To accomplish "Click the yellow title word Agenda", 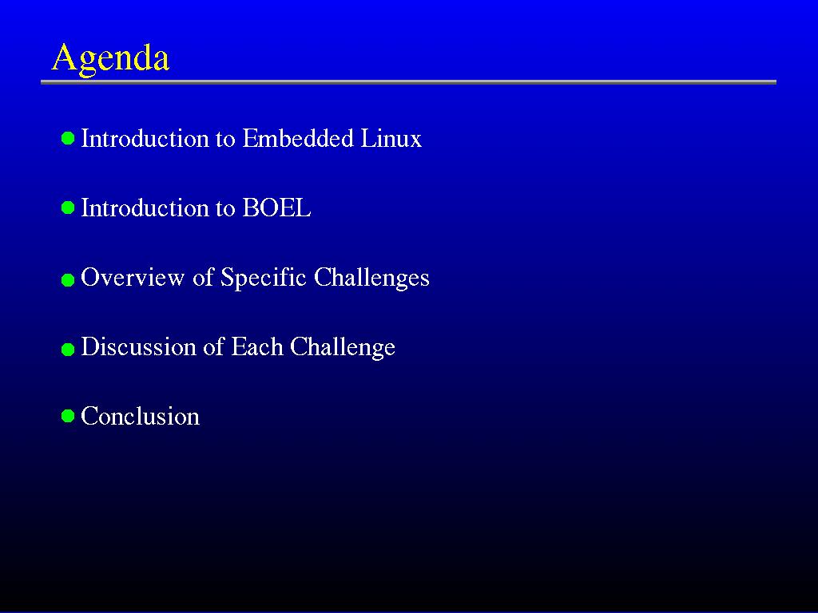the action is (110, 58).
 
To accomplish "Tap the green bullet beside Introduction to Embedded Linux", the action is (68, 138).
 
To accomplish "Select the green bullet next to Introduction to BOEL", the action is (68, 208).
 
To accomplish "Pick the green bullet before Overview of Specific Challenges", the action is (68, 280).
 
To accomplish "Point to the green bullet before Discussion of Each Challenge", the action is (68, 350).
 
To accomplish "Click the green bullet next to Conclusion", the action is (68, 416).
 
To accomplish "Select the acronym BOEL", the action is (276, 208).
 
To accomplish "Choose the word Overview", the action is (133, 277).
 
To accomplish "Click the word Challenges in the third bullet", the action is (371, 278).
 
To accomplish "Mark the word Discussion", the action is (138, 346).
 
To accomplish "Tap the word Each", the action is (256, 346).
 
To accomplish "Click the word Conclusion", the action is (141, 416).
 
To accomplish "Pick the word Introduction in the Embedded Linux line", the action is (144, 138).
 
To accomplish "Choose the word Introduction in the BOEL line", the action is (144, 208).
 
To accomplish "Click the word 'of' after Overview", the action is (203, 277).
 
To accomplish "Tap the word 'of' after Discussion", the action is (214, 346).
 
